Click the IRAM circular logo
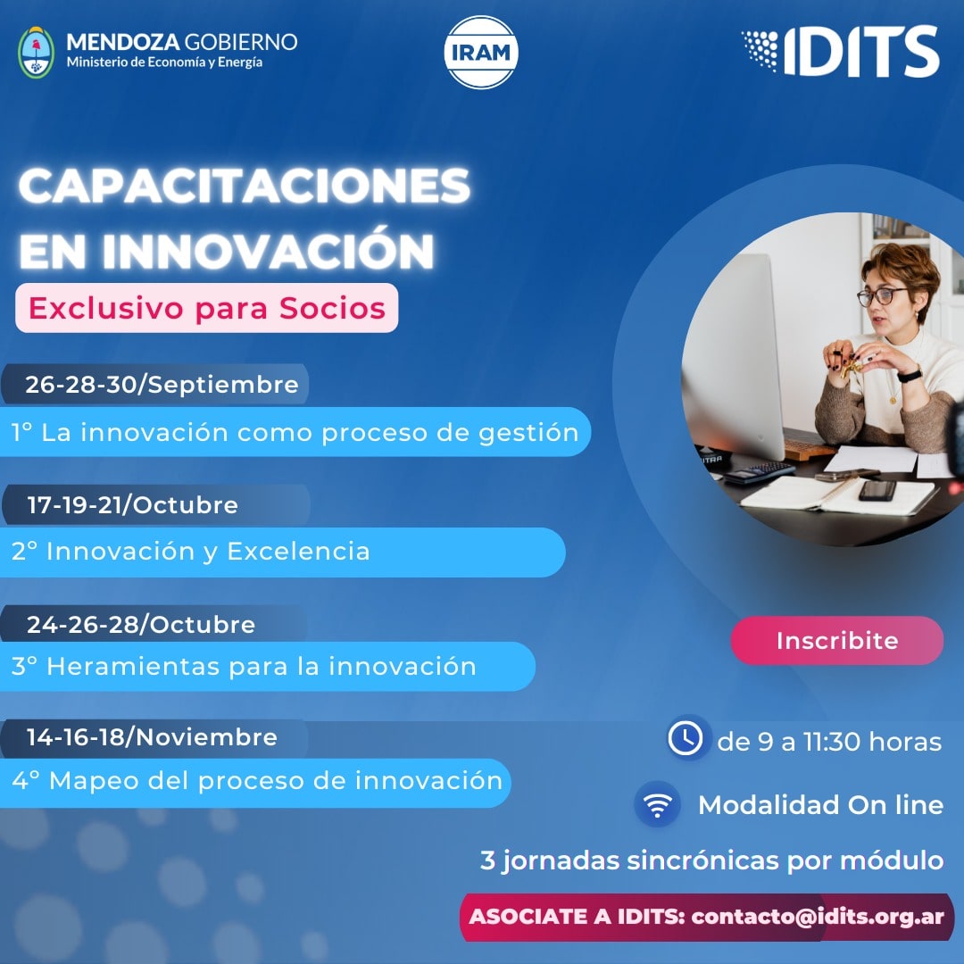[x=481, y=53]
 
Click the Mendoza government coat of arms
[x=37, y=53]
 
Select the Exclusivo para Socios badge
[x=206, y=308]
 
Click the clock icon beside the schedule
[x=686, y=737]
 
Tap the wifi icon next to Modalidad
[x=657, y=804]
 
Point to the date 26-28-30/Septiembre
[x=162, y=384]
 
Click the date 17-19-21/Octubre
[x=132, y=504]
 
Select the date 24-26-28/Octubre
[x=141, y=625]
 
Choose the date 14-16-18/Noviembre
[x=152, y=737]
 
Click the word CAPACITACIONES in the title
[x=245, y=186]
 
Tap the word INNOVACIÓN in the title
[x=269, y=250]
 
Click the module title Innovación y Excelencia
[x=208, y=552]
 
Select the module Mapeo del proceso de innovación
[x=276, y=781]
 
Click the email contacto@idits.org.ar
[x=818, y=917]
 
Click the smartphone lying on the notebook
[x=877, y=490]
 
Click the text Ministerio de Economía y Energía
[x=165, y=62]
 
